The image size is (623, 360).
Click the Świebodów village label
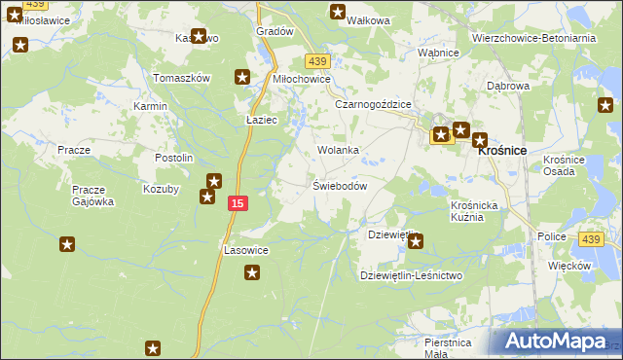pos(339,186)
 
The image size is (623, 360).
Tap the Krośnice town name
pos(500,151)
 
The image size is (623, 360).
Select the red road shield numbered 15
pos(238,202)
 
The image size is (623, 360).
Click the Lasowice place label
pos(246,250)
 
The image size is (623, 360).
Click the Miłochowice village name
pos(301,80)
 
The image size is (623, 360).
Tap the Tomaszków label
pos(183,78)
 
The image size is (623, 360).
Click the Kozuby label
pos(161,189)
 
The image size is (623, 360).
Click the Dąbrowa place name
pos(507,86)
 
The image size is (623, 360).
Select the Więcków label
pos(569,265)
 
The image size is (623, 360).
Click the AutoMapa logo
pos(555,342)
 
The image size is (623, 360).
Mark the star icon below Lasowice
pos(252,273)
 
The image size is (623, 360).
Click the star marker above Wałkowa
pos(338,13)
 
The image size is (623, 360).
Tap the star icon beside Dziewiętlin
pos(416,241)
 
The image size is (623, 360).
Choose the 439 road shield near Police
pos(590,238)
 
